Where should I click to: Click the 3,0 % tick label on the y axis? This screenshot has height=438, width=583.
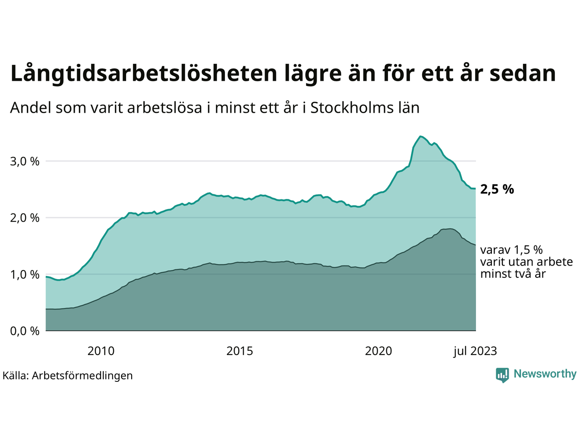[25, 162]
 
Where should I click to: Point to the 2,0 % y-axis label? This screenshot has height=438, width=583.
[25, 218]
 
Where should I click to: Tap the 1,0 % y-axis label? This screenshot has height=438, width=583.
[25, 275]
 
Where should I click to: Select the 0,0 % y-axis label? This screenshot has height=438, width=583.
[25, 331]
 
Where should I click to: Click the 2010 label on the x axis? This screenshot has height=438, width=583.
[101, 351]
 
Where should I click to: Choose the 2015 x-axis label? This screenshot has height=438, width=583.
[240, 351]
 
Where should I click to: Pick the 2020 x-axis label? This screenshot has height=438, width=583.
[379, 351]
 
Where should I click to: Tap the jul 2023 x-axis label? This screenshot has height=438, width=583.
[475, 351]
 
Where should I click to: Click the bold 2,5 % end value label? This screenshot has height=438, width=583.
[497, 189]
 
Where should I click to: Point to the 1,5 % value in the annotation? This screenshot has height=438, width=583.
[528, 250]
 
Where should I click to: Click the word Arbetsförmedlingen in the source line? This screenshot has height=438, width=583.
[82, 375]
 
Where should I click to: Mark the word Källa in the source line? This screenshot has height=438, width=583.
[15, 375]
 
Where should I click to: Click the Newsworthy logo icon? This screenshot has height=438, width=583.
[502, 375]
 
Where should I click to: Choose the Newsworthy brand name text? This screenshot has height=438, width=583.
[545, 374]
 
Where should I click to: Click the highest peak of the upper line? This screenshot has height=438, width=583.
[421, 136]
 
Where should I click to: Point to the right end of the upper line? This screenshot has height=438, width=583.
[476, 188]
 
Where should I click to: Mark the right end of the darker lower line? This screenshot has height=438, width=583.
[476, 245]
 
